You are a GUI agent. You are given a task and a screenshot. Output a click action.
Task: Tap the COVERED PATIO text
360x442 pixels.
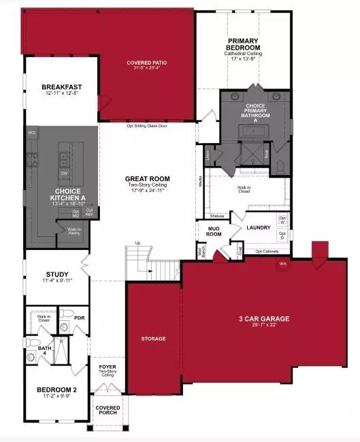pos(147,63)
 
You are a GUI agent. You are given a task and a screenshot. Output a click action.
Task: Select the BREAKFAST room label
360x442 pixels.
pos(62,87)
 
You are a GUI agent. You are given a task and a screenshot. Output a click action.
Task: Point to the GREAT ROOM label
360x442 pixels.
pos(147,178)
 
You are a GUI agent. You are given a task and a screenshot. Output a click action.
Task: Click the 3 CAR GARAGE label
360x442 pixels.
pos(264,318)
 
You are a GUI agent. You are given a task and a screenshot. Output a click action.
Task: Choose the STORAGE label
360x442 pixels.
pos(153,338)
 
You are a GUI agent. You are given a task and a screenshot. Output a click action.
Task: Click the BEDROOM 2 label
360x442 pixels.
pos(57,390)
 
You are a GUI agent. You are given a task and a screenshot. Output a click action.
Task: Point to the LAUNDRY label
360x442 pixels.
pos(259,227)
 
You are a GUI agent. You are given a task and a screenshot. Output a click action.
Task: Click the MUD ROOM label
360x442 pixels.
pos(214,231)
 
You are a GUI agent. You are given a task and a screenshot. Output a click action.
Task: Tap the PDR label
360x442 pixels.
pos(79,317)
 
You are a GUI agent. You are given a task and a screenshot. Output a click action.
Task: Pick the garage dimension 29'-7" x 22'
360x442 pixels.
pos(264,326)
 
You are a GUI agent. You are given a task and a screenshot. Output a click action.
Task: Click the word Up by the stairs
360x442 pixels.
pos(138,243)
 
